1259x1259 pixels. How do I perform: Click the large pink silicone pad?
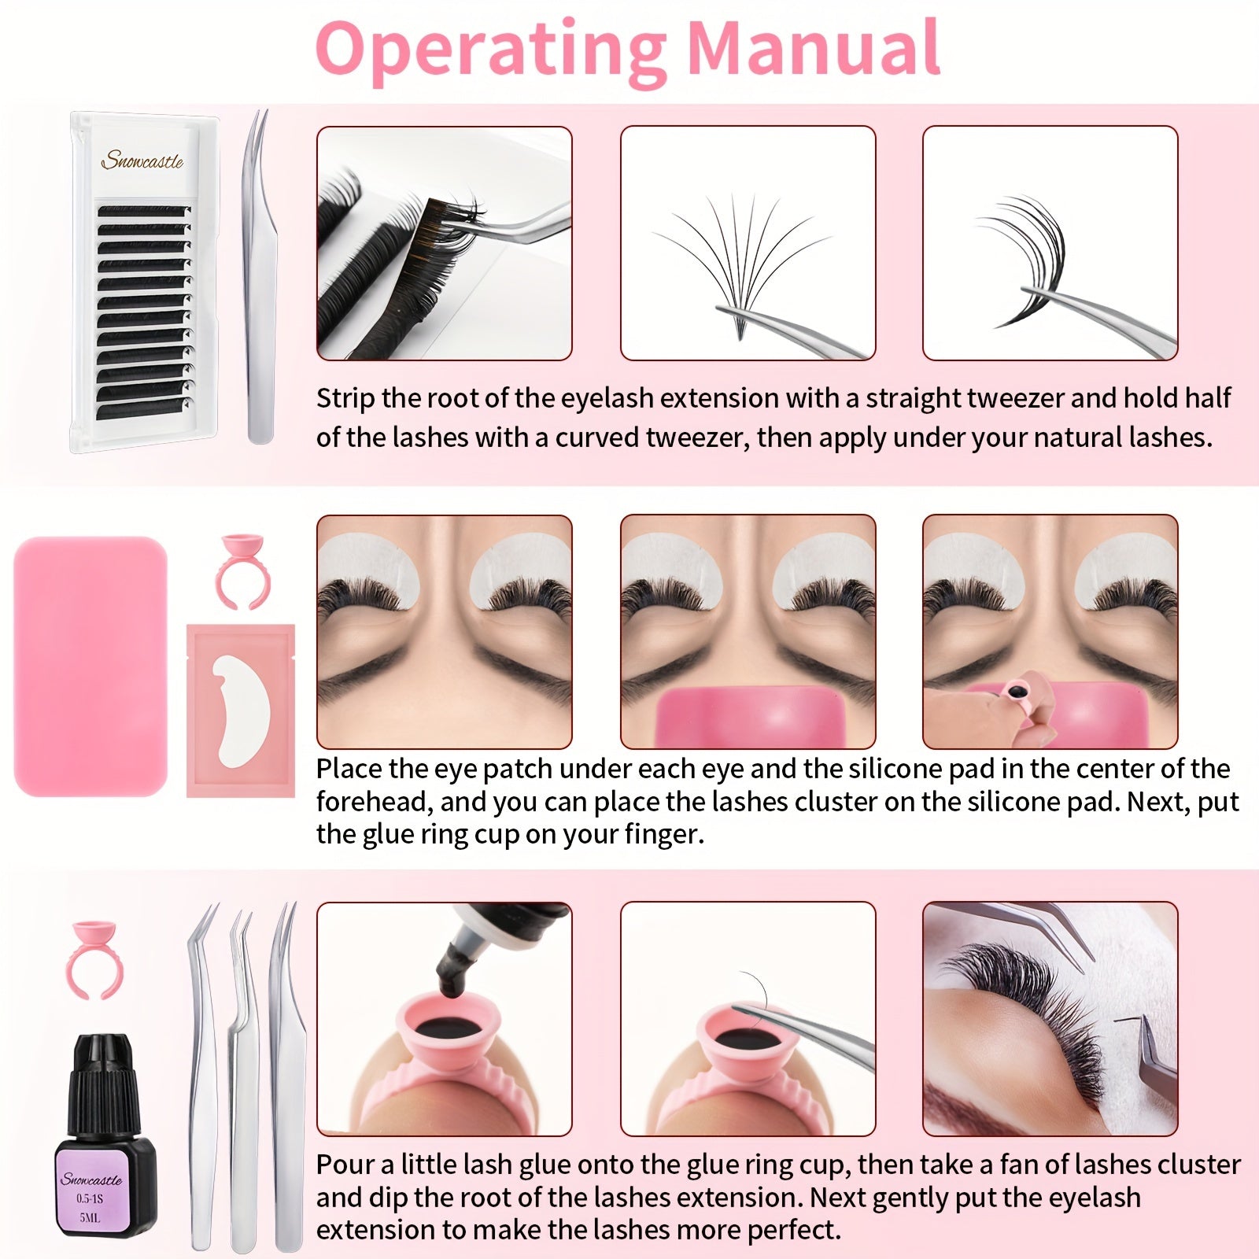(91, 666)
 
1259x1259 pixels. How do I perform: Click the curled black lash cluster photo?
(1050, 243)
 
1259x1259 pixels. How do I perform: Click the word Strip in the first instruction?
(345, 399)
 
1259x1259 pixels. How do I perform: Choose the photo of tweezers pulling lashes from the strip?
(445, 243)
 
